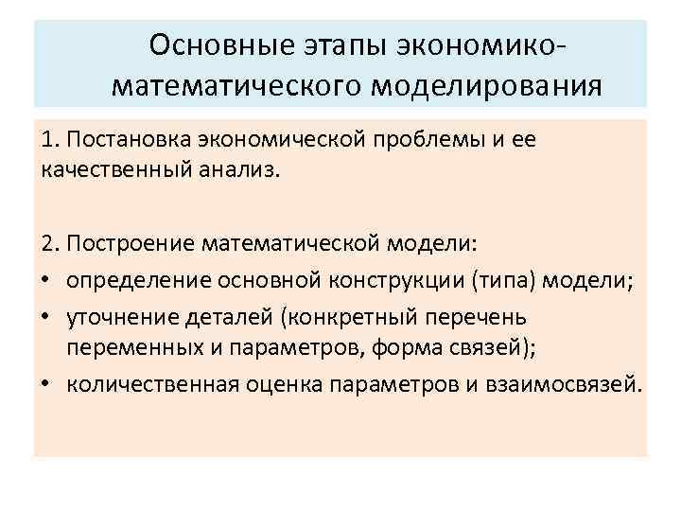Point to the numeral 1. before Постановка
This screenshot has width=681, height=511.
(50, 142)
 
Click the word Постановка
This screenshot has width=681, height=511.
(127, 142)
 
